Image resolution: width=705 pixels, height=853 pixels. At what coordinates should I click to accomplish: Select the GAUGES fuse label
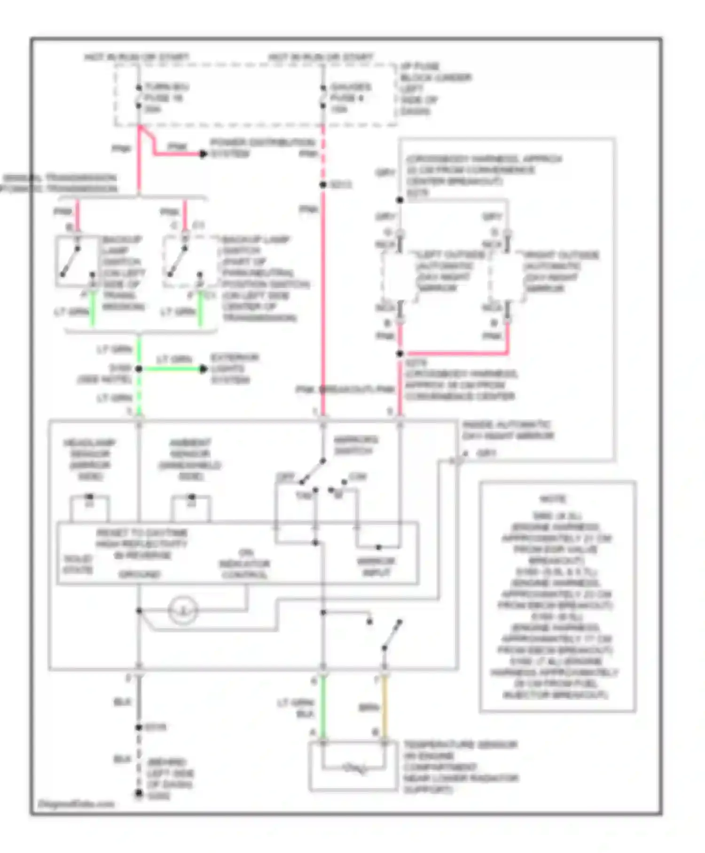(350, 97)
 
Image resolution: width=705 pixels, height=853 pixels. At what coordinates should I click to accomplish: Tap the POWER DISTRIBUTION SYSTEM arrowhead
(203, 153)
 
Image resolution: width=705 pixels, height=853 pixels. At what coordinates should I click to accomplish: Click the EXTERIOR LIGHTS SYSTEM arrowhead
(203, 369)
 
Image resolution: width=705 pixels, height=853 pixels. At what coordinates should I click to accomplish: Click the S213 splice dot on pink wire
(323, 185)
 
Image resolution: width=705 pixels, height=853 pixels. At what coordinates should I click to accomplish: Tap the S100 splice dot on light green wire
(139, 369)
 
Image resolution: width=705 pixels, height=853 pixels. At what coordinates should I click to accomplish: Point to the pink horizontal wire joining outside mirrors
(454, 353)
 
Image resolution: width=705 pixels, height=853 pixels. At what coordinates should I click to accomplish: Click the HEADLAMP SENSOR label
(89, 459)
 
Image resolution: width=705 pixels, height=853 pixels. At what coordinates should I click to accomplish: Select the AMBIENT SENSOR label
(190, 459)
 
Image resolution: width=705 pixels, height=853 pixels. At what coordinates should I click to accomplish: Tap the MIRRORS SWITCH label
(355, 445)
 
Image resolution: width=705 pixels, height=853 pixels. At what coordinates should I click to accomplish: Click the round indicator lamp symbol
(183, 610)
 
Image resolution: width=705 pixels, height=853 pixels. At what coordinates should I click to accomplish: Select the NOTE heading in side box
(553, 498)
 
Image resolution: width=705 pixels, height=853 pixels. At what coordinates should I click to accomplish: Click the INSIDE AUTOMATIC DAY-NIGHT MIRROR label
(508, 430)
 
